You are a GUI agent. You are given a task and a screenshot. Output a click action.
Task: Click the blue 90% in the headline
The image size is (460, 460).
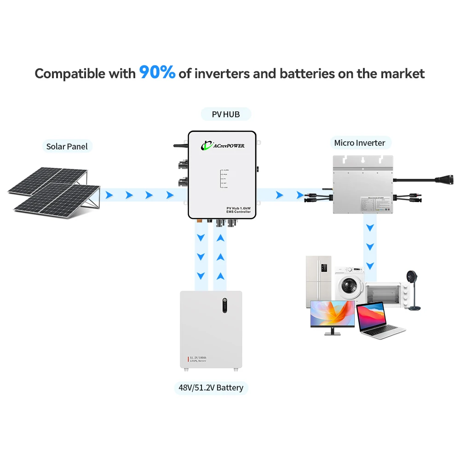coord(157,72)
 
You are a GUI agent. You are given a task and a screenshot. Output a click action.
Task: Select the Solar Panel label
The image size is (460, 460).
coord(67,147)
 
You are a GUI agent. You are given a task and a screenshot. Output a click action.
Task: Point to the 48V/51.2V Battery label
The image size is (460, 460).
coord(211,388)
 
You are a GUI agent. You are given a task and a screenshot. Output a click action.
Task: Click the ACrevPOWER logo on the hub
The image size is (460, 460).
coord(223,146)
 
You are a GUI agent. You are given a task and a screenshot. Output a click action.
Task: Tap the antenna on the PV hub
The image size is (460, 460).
coord(180,145)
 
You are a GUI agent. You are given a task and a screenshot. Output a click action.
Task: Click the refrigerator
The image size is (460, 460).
coord(318,281)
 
